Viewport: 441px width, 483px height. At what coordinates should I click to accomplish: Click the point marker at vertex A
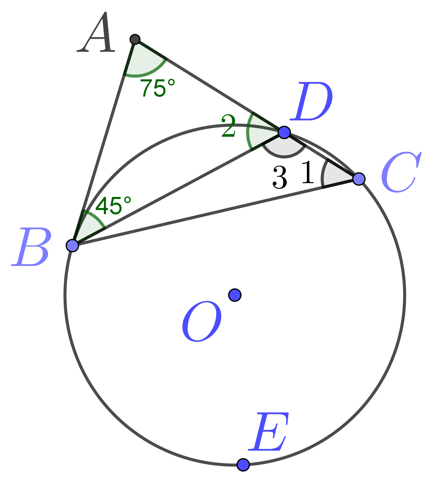pyautogui.click(x=135, y=39)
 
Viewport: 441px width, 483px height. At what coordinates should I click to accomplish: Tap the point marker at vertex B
pyautogui.click(x=72, y=245)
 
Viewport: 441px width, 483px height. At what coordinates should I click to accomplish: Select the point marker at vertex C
pyautogui.click(x=359, y=179)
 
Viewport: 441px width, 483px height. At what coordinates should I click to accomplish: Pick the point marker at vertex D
pyautogui.click(x=284, y=132)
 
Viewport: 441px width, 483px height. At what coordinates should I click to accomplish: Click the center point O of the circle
pyautogui.click(x=235, y=295)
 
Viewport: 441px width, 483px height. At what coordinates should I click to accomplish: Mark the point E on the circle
pyautogui.click(x=243, y=465)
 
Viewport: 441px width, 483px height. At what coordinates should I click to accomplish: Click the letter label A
pyautogui.click(x=96, y=32)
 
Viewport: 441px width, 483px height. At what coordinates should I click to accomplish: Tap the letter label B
pyautogui.click(x=32, y=247)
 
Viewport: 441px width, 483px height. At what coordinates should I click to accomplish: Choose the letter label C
pyautogui.click(x=401, y=172)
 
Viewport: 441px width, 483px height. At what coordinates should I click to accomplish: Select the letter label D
pyautogui.click(x=311, y=101)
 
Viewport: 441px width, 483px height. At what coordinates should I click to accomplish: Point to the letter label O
pyautogui.click(x=202, y=321)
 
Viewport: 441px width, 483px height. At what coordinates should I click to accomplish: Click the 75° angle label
pyautogui.click(x=158, y=88)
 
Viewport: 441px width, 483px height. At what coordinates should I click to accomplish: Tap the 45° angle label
pyautogui.click(x=113, y=205)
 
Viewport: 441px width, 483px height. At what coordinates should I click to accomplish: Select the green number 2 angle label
pyautogui.click(x=229, y=126)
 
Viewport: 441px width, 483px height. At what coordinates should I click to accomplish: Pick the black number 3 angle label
pyautogui.click(x=280, y=177)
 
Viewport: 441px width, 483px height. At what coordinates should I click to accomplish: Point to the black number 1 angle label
pyautogui.click(x=308, y=172)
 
